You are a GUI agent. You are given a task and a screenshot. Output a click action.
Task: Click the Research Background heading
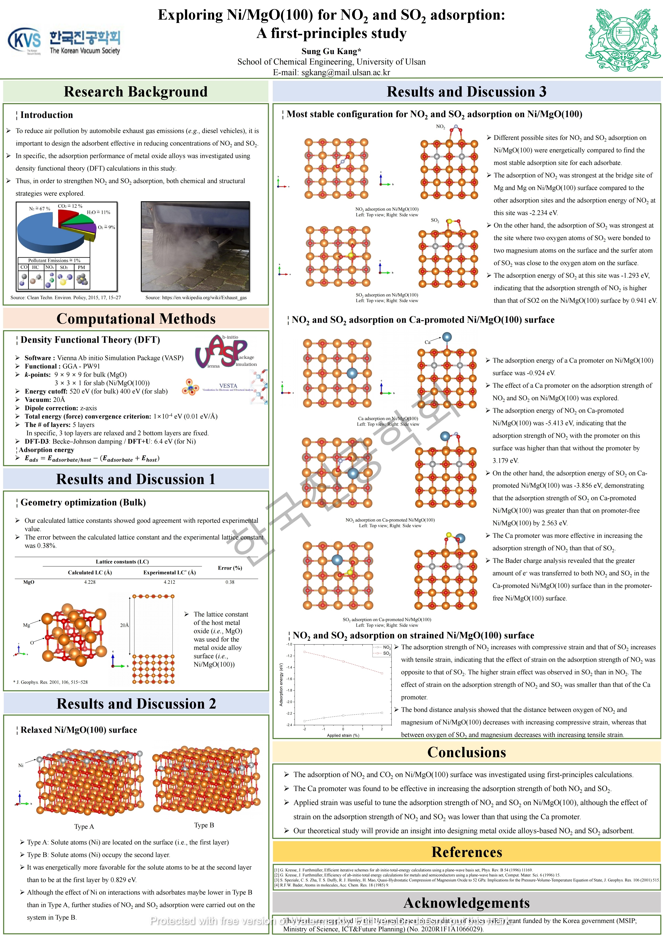click(x=135, y=91)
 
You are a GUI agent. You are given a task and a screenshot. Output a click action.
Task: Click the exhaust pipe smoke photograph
click(x=195, y=246)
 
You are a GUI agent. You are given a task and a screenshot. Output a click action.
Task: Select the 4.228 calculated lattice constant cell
click(x=90, y=582)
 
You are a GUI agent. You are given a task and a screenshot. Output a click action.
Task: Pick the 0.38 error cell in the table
click(x=230, y=582)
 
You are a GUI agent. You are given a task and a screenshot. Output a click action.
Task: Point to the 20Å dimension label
click(x=124, y=625)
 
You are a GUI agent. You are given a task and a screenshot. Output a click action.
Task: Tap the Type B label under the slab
click(x=204, y=825)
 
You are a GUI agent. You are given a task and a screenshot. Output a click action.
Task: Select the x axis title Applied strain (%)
click(x=343, y=735)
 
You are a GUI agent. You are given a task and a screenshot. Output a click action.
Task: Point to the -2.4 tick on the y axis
click(x=289, y=725)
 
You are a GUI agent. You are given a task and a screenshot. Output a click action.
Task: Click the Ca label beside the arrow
click(x=427, y=342)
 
